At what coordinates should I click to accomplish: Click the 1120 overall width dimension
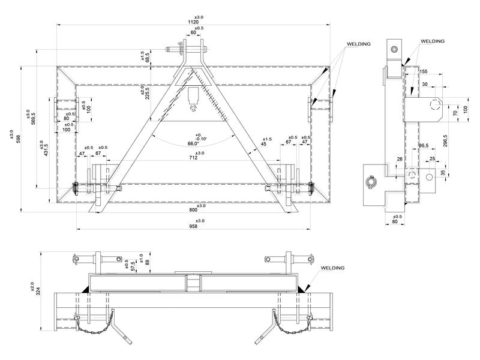[193, 22]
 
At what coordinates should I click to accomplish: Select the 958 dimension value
[193, 227]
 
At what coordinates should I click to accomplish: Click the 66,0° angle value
[193, 144]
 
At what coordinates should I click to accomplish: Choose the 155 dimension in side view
[424, 71]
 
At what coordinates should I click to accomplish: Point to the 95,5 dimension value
[424, 145]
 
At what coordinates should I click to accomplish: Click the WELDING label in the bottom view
[333, 268]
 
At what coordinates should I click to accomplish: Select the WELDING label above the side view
[432, 41]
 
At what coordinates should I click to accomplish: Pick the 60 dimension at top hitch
[193, 34]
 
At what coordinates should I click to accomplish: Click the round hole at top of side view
[395, 49]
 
